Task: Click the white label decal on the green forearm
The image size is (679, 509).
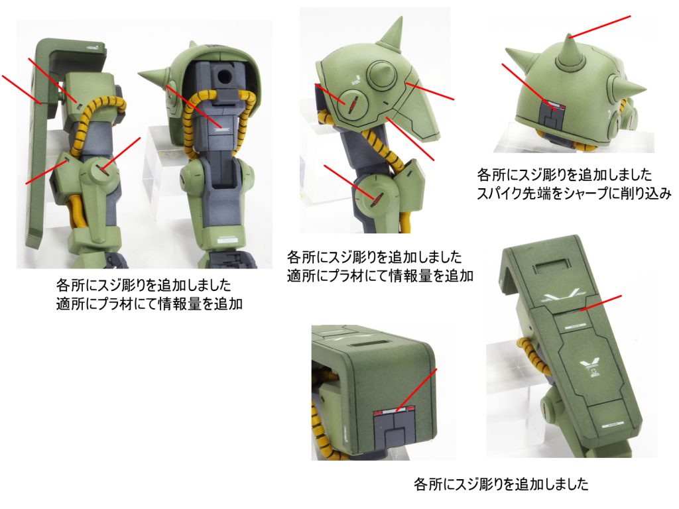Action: pyautogui.click(x=227, y=240)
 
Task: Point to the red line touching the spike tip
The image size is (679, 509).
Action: pyautogui.click(x=600, y=27)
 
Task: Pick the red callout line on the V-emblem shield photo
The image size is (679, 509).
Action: pyautogui.click(x=601, y=302)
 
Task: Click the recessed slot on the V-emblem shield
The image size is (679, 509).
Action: pyautogui.click(x=552, y=264)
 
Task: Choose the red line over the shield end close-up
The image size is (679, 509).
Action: pyautogui.click(x=416, y=390)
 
